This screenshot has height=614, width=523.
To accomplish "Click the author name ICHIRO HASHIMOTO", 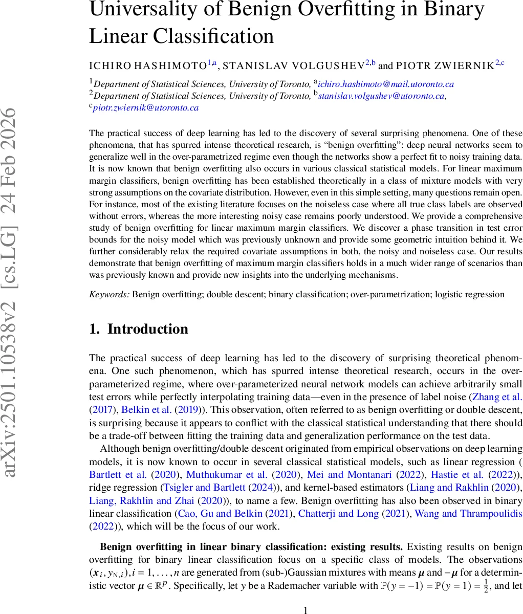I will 147,65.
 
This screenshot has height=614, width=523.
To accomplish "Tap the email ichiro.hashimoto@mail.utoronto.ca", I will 386,84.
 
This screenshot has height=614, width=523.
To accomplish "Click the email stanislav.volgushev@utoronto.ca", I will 382,96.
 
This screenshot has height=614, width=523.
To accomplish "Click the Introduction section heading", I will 147,329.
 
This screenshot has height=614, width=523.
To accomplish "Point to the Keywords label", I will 110,294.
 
